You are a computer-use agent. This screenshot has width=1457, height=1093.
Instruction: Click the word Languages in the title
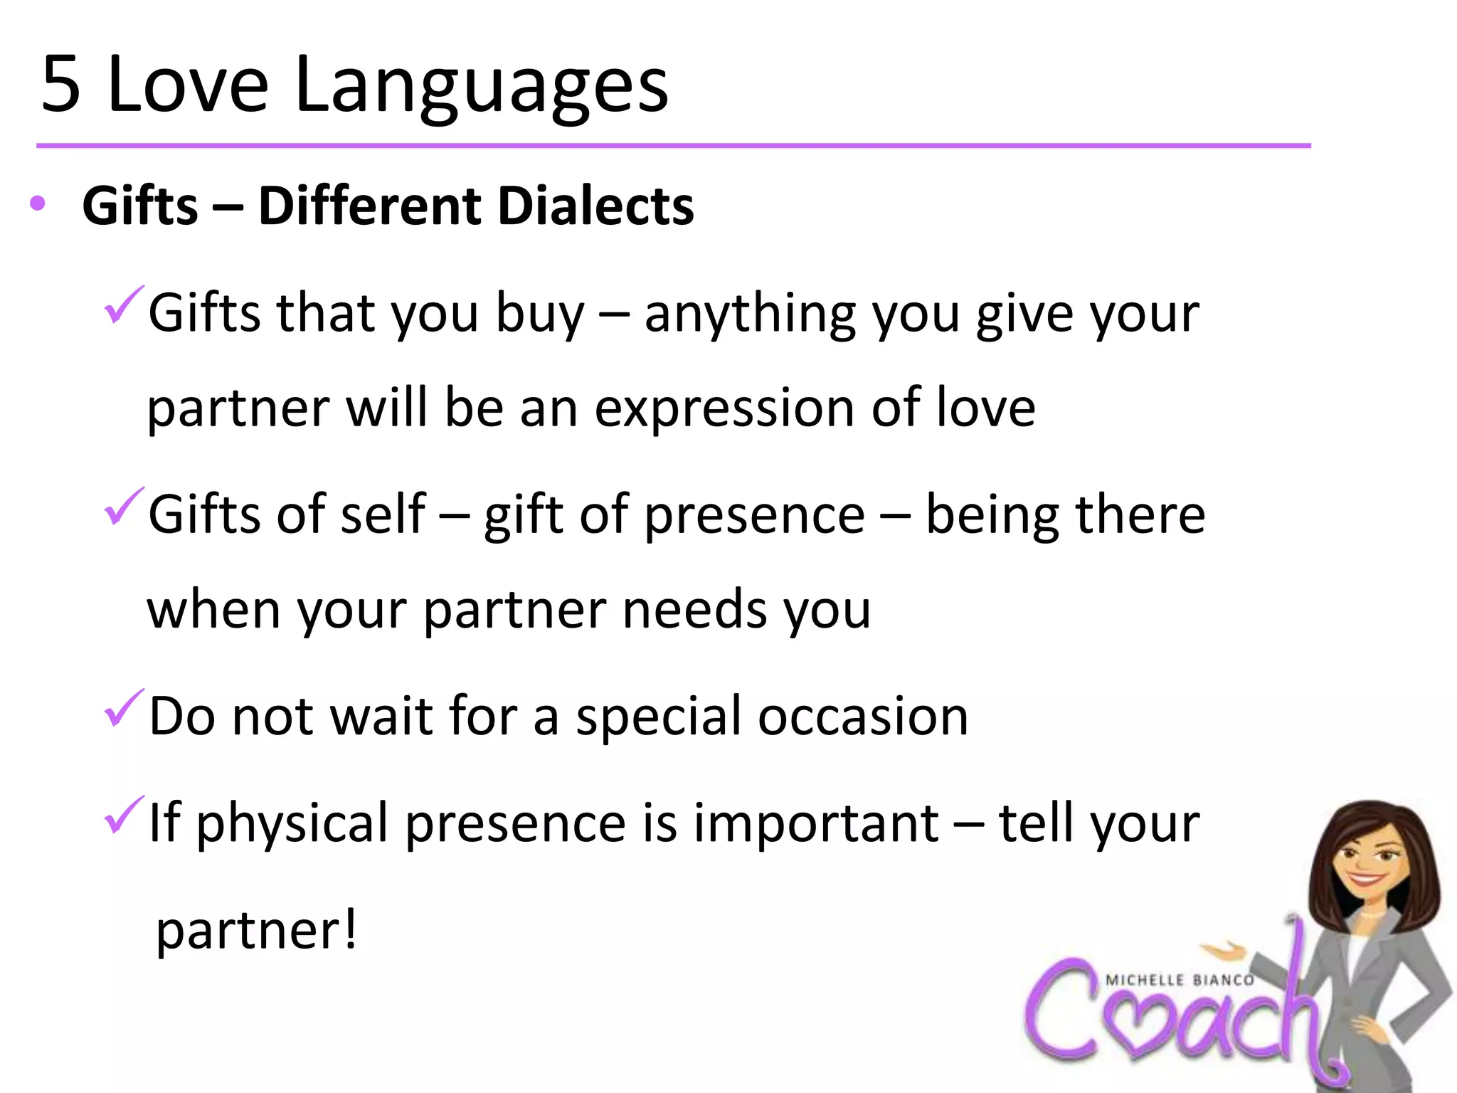coord(481,89)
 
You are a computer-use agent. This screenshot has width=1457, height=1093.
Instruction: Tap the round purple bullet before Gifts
coord(38,204)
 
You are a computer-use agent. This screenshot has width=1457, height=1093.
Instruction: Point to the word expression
coord(724,410)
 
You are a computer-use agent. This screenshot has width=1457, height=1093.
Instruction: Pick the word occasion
coord(862,716)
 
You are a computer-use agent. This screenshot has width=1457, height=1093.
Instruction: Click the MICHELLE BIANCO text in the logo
coord(1180,981)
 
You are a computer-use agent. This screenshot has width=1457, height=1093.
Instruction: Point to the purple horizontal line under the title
coord(673,146)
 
